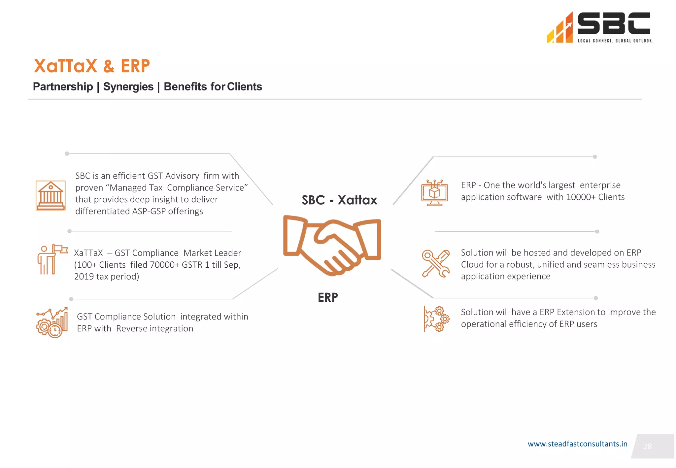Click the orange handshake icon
pyautogui.click(x=332, y=246)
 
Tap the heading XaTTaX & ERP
pyautogui.click(x=92, y=66)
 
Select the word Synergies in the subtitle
pyautogui.click(x=128, y=86)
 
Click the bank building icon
pyautogui.click(x=51, y=195)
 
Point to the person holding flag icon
pyautogui.click(x=51, y=259)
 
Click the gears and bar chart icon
pyautogui.click(x=52, y=323)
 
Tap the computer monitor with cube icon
pyautogui.click(x=434, y=193)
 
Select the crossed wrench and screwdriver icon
pyautogui.click(x=435, y=263)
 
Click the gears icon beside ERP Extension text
pyautogui.click(x=436, y=319)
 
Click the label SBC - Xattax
pyautogui.click(x=339, y=200)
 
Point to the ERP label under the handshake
pyautogui.click(x=327, y=297)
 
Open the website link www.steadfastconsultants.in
pyautogui.click(x=577, y=444)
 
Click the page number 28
pyautogui.click(x=647, y=447)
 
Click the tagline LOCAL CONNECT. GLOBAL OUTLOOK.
pyautogui.click(x=615, y=41)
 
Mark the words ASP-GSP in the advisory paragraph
pyautogui.click(x=149, y=211)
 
